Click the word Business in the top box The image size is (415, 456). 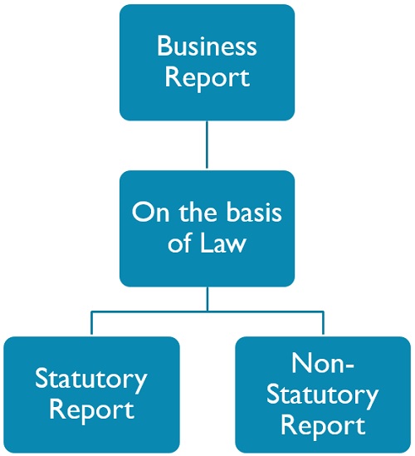[x=207, y=46]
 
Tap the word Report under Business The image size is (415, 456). [x=207, y=78]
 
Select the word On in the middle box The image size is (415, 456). [x=150, y=213]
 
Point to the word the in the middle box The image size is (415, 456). [x=198, y=212]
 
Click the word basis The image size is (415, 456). [x=254, y=212]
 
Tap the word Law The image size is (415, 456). [x=223, y=243]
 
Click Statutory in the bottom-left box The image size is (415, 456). [x=91, y=380]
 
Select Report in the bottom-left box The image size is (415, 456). [x=91, y=409]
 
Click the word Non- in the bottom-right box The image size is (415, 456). [x=323, y=363]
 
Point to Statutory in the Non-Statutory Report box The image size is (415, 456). [x=322, y=395]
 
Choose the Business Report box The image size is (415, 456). [x=207, y=62]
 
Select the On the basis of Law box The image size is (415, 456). [x=207, y=228]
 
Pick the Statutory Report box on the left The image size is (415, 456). [x=91, y=395]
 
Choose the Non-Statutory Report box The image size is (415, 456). [x=323, y=395]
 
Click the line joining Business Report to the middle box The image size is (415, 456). [x=207, y=145]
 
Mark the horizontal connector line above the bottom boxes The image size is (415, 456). [x=207, y=312]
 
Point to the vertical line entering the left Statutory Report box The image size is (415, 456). [x=91, y=324]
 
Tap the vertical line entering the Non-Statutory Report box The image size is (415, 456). [x=323, y=324]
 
